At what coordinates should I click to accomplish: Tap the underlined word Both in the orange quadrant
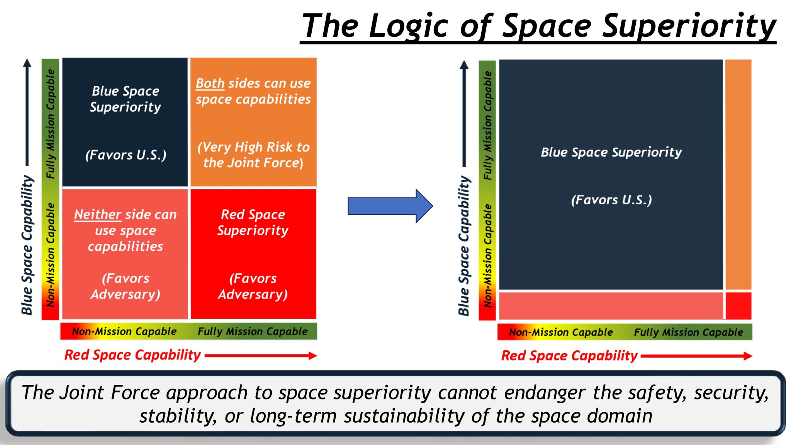click(x=210, y=83)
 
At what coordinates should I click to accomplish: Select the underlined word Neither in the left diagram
click(x=98, y=214)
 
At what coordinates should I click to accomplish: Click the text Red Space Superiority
click(x=253, y=222)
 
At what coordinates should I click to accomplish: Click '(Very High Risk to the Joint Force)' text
click(x=253, y=155)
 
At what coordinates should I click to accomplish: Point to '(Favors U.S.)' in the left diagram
click(x=126, y=155)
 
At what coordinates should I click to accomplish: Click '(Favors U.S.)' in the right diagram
click(x=611, y=200)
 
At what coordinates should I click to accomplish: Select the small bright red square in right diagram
click(x=738, y=306)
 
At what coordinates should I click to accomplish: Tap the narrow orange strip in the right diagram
click(x=738, y=174)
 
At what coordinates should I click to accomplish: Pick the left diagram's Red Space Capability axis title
click(x=132, y=355)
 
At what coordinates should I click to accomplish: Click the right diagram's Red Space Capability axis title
click(x=569, y=356)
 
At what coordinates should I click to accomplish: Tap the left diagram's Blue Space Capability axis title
click(x=27, y=245)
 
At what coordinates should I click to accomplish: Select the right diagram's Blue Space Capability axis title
click(x=464, y=246)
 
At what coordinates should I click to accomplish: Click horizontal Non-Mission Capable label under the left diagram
click(x=124, y=331)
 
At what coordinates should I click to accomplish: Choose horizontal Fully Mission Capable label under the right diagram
click(x=688, y=332)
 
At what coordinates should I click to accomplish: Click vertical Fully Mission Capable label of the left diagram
click(x=51, y=124)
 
